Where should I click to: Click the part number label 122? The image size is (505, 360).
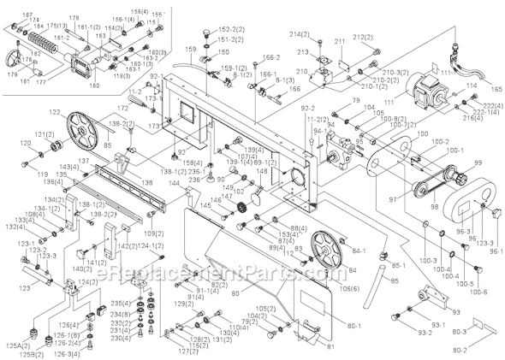[x=56, y=113]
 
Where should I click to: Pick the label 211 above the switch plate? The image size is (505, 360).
[x=340, y=40]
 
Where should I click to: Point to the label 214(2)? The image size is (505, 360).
[x=299, y=34]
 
